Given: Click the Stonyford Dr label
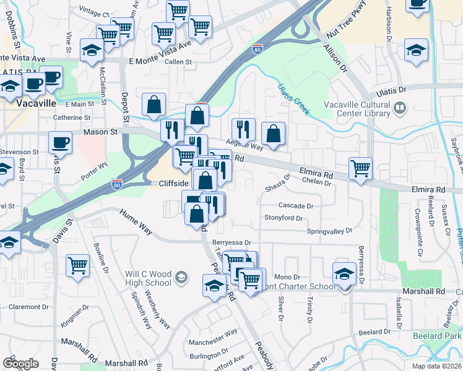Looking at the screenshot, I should (x=283, y=218).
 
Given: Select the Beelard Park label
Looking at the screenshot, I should (x=436, y=336).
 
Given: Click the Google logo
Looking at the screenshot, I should (x=21, y=364).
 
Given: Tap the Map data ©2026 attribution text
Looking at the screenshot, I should (x=436, y=366).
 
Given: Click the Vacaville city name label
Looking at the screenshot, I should (x=37, y=103).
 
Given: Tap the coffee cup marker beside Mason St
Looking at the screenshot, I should (x=60, y=143).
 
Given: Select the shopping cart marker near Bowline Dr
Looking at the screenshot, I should (x=77, y=266).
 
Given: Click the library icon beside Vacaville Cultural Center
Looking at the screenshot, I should (x=400, y=109).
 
